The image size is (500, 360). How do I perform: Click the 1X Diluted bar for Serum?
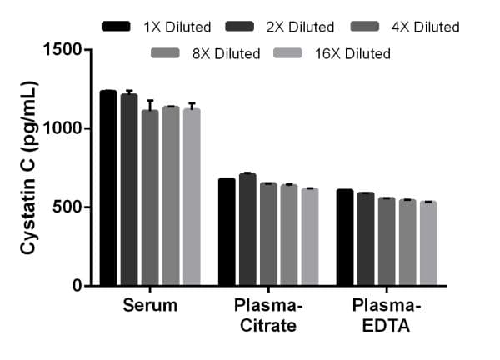pos(108,188)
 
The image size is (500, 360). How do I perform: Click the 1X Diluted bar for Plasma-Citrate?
pos(227,232)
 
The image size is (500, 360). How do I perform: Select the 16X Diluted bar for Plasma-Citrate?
pos(310,237)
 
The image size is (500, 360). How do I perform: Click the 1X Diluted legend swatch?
pos(117,27)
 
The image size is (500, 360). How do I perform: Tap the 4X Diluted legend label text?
pos(425,27)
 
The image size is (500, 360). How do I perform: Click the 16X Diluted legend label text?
pos(352,54)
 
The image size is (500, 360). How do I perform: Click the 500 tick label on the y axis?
pos(66,207)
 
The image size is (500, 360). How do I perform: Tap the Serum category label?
pos(150,305)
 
